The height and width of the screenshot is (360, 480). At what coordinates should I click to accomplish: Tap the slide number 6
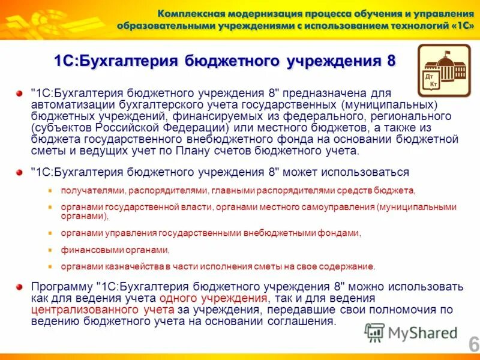[x=473, y=344]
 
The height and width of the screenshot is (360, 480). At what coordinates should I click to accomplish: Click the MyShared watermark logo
[x=412, y=332]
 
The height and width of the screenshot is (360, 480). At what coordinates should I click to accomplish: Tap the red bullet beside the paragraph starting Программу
[x=20, y=286]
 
